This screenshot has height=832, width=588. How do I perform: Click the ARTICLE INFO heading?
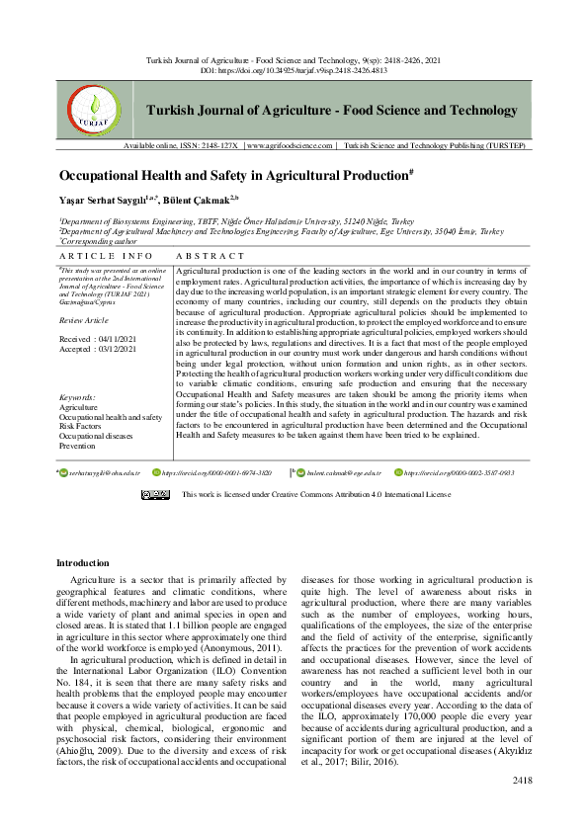(99, 255)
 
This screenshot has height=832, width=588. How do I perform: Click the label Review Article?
(85, 321)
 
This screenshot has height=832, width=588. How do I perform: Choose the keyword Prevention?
(78, 446)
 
